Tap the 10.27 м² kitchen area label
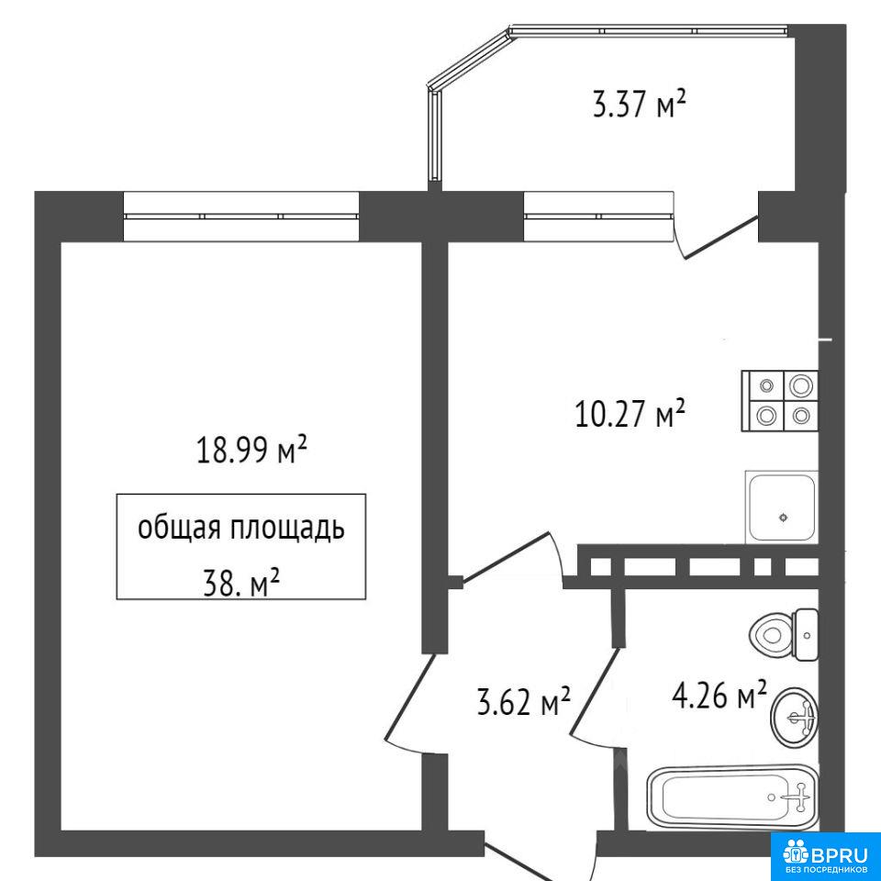click(x=630, y=413)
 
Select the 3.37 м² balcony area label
click(x=640, y=104)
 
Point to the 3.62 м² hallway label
click(x=524, y=701)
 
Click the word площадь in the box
click(x=284, y=529)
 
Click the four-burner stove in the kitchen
click(x=780, y=401)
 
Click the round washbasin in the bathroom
click(x=795, y=717)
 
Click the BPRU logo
click(x=824, y=855)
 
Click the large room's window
click(x=241, y=216)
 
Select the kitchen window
click(x=598, y=216)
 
